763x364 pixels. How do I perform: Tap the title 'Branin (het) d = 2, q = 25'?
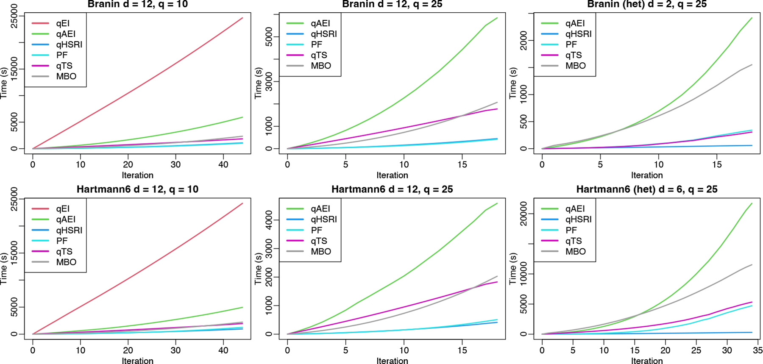(646, 5)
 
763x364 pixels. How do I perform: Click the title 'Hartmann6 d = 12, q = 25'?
(392, 189)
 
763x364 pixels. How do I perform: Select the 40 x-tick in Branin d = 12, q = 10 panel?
(223, 164)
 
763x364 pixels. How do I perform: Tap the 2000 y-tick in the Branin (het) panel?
(524, 42)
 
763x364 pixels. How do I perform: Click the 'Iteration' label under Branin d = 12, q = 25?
(392, 175)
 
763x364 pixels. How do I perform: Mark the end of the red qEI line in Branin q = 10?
(242, 18)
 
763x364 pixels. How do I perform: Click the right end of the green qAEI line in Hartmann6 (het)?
(752, 203)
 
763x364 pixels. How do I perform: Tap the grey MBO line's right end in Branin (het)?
(752, 65)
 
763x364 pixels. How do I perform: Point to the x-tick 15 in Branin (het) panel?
(716, 164)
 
